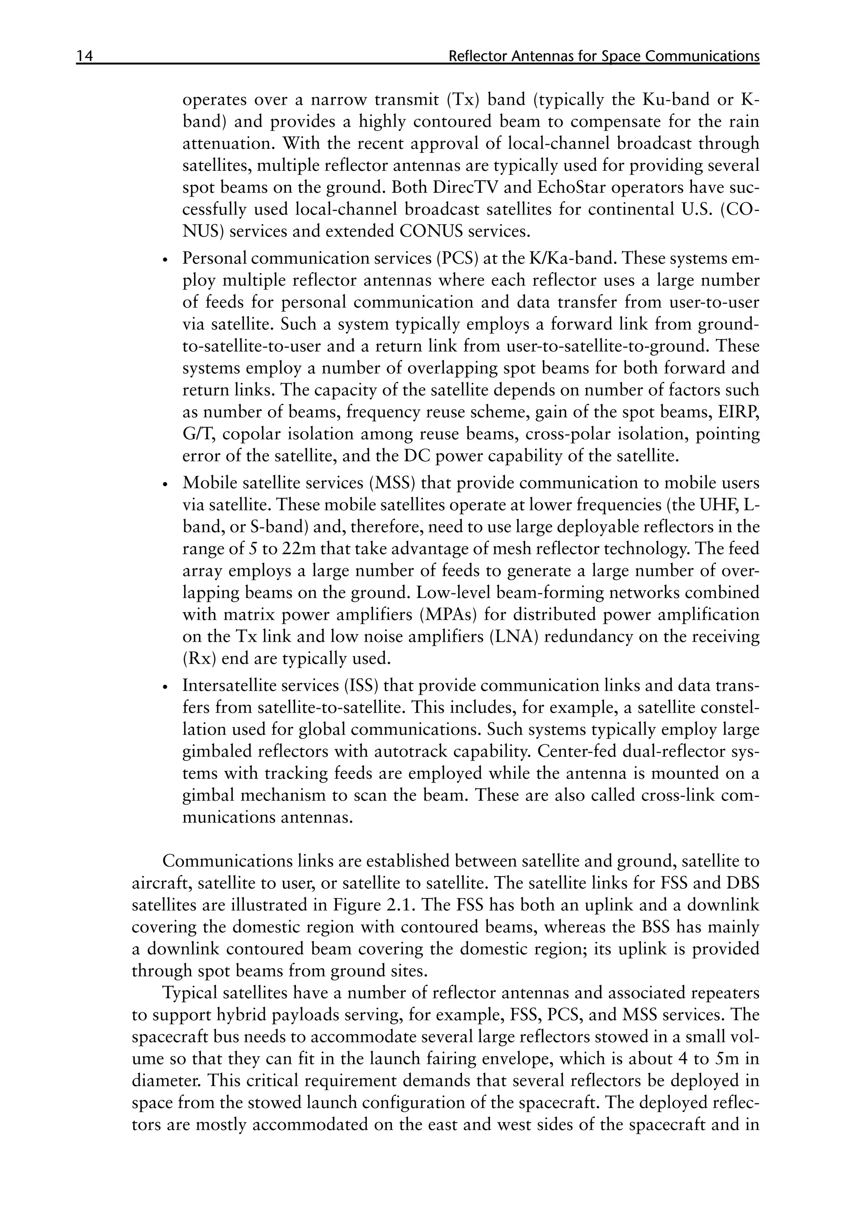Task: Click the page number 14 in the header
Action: click(x=85, y=56)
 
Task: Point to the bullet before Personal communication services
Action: click(x=165, y=260)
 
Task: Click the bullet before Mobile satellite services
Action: click(x=165, y=485)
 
